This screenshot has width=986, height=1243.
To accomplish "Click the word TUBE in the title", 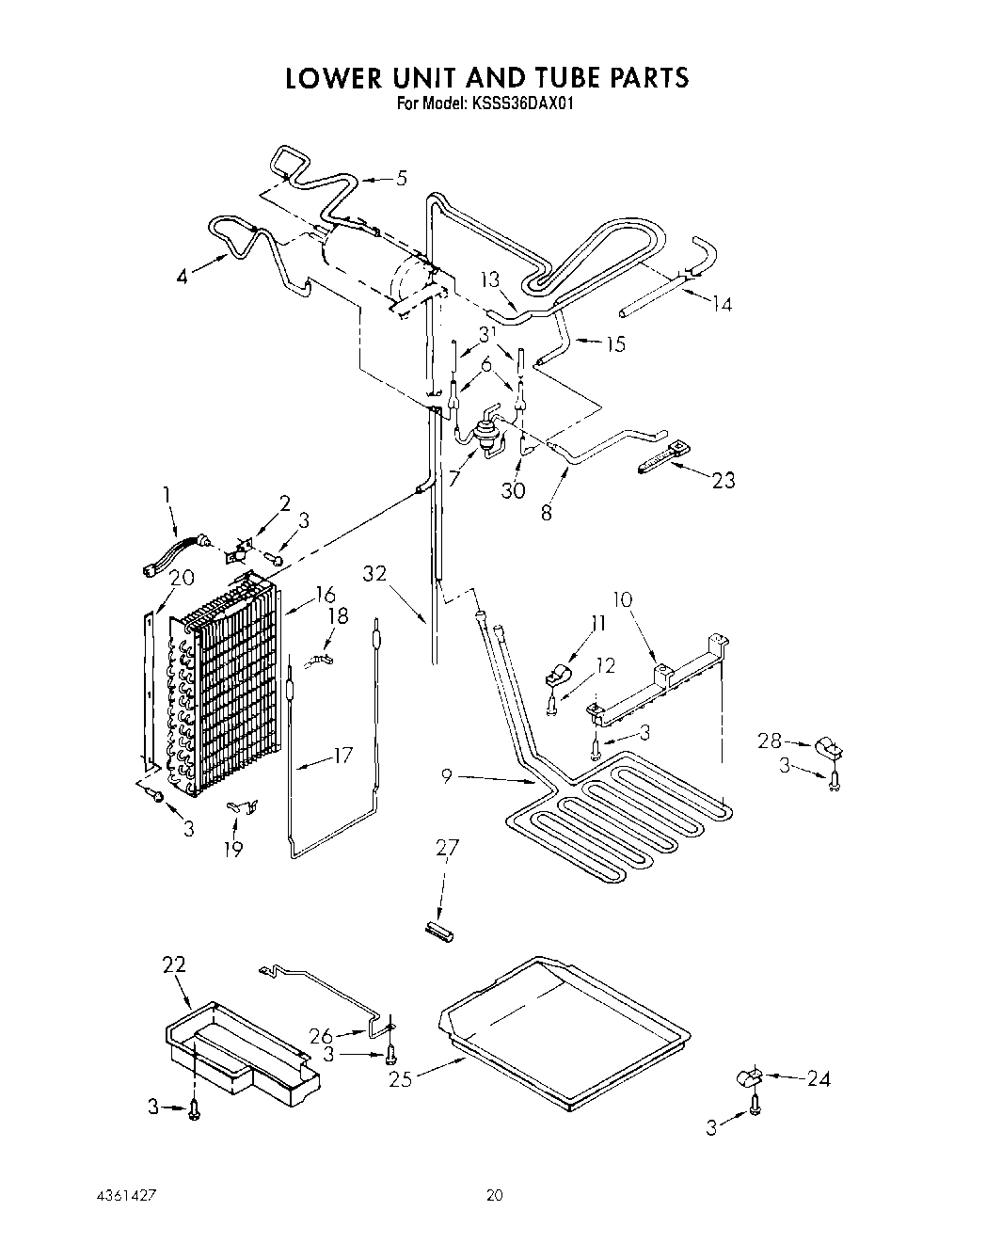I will pyautogui.click(x=532, y=77).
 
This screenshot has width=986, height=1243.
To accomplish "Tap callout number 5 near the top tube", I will pyautogui.click(x=402, y=178).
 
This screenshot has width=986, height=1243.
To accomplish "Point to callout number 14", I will pyautogui.click(x=722, y=303).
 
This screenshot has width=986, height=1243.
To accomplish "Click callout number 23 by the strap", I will pyautogui.click(x=724, y=480).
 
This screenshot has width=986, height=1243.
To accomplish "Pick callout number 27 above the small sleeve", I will pyautogui.click(x=447, y=849).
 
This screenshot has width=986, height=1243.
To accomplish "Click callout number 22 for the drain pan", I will pyautogui.click(x=174, y=964).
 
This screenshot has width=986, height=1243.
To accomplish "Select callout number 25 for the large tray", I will pyautogui.click(x=400, y=1079).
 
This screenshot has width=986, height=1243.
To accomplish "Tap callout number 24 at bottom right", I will pyautogui.click(x=819, y=1079).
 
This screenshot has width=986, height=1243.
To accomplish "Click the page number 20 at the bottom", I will pyautogui.click(x=494, y=1197).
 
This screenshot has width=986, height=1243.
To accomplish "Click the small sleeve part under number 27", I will pyautogui.click(x=439, y=931).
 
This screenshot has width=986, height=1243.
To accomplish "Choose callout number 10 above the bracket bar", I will pyautogui.click(x=622, y=599).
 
